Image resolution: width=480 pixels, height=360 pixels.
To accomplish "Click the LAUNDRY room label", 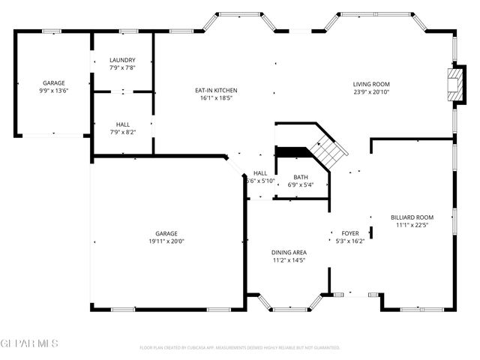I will point(122,60).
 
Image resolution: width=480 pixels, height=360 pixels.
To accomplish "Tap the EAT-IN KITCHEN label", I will point(216,90).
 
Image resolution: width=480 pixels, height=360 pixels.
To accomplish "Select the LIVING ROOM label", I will point(371,84).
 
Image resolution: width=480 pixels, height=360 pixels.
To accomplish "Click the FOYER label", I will point(350,233).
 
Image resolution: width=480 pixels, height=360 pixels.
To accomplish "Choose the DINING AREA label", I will point(289,252).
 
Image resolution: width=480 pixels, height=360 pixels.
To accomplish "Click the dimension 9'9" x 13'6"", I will point(53,91).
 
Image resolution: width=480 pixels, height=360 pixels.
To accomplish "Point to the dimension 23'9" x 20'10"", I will point(371,92).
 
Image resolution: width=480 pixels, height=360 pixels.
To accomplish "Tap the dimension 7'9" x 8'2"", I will point(122,132).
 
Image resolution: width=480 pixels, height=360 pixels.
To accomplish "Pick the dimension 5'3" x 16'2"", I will point(350,241).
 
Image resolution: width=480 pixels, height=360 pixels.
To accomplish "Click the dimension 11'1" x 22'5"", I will point(412,224).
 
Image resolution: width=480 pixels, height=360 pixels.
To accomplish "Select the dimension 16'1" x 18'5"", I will point(216,98).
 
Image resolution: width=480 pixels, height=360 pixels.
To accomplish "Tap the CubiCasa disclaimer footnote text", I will point(240,348).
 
